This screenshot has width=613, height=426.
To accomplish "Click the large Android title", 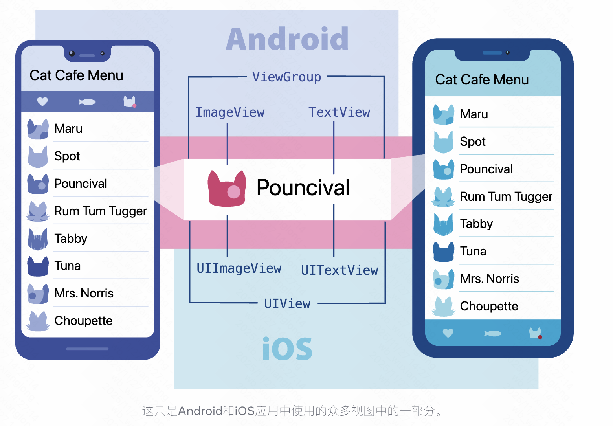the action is point(287,39).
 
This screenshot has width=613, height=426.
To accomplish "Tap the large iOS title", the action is point(287,349).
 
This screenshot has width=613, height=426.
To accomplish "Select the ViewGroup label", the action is point(286,77).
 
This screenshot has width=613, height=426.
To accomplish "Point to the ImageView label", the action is point(230,113).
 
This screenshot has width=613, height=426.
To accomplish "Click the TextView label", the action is point(339,113).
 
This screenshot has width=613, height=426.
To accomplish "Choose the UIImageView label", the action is point(239,268).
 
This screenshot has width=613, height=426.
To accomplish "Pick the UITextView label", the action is point(340,270).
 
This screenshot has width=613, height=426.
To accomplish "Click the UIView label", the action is point(287,304).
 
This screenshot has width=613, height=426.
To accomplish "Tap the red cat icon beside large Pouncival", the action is point(227,189).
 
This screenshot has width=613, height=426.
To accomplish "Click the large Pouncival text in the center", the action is point(303,187).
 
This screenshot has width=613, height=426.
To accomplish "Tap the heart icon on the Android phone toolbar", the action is point(42,102).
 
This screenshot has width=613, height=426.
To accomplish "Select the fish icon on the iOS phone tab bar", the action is point(492,334).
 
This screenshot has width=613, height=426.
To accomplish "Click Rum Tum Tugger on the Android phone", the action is point(101,211).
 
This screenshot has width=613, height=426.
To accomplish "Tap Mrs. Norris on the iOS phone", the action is point(490,279).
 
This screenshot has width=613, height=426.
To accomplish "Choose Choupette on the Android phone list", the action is point(83,321).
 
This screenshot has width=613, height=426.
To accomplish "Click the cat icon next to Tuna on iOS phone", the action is point(443,252).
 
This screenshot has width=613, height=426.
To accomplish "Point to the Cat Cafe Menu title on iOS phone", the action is point(482,80).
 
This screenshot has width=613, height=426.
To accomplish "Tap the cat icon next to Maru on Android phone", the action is point(38,129).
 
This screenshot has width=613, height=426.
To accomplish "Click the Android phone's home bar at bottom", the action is point(87,349).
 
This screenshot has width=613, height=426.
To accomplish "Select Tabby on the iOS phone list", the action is point(476,224).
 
